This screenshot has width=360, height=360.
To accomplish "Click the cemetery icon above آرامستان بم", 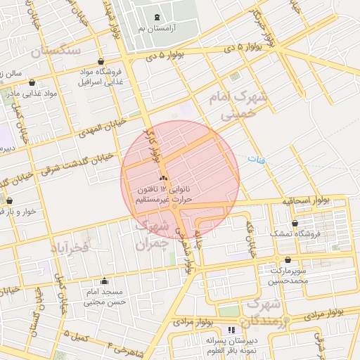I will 156,16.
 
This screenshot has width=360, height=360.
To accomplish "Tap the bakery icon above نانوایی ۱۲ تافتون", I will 164,178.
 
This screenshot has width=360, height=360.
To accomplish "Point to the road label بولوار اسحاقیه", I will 305,200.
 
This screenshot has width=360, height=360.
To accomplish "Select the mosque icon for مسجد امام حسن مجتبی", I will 104,281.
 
